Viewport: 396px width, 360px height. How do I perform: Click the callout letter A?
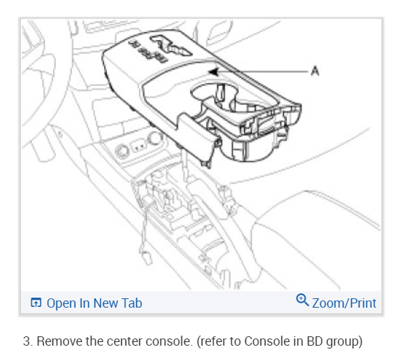pos(315,71)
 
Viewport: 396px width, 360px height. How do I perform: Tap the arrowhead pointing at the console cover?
pos(213,72)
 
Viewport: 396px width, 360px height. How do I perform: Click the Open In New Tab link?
pos(86,303)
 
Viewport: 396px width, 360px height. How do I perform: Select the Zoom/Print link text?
pos(344,303)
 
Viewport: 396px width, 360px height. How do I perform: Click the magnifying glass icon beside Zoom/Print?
pos(302,300)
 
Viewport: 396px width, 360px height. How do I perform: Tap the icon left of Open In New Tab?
pos(36,303)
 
